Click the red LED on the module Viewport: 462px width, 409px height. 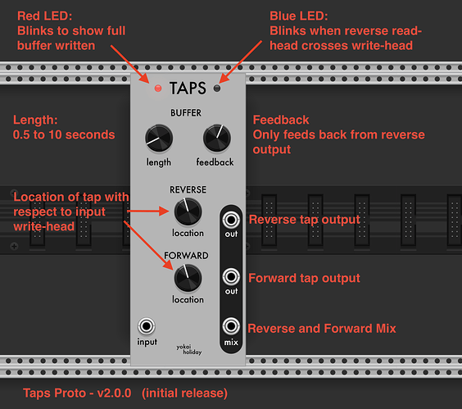coord(158,89)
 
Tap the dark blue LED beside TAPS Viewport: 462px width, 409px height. coord(217,89)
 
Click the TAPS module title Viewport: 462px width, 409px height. coord(188,89)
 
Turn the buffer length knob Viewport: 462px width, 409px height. coord(159,138)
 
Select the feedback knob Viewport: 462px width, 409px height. coord(217,138)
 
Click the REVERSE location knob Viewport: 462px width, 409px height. coord(188,211)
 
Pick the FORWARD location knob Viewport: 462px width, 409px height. coord(188,278)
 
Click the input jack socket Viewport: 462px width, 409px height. coord(147,326)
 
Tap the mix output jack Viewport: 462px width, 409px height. coord(231,326)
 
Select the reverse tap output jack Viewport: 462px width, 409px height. coord(231,220)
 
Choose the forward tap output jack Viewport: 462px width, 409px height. coord(231,277)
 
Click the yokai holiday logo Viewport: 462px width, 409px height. coord(189,349)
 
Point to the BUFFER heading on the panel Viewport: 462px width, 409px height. coord(186,113)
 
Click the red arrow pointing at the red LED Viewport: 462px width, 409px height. coord(130,64)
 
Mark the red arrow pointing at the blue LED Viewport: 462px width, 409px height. coord(241,62)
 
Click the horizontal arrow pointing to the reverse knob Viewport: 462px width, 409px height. coord(148,211)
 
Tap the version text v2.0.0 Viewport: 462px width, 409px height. coord(115,393)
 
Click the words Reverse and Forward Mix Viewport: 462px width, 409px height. coord(322,329)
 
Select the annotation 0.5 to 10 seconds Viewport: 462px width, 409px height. coord(64,134)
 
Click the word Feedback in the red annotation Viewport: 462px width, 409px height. coord(281,120)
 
